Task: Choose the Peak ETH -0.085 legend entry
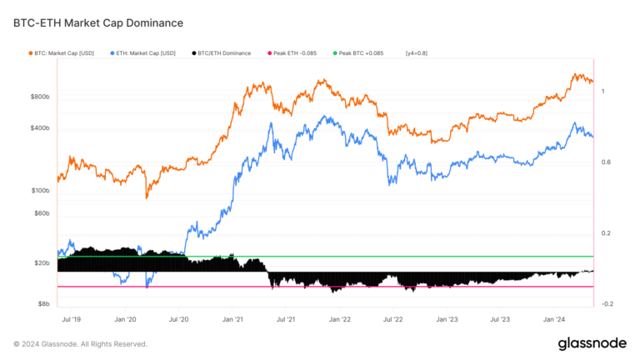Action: [x=295, y=53]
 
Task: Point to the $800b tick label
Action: [x=40, y=97]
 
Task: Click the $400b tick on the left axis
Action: [x=40, y=128]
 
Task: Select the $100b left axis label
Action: [x=40, y=191]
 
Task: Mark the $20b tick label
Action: [x=42, y=263]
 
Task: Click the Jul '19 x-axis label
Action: [x=72, y=319]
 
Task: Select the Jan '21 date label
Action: [x=233, y=319]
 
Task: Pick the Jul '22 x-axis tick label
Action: [x=393, y=319]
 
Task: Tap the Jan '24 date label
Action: [x=556, y=319]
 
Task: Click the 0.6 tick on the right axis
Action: [x=607, y=162]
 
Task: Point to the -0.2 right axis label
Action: [x=607, y=304]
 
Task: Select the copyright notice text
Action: [x=81, y=344]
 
